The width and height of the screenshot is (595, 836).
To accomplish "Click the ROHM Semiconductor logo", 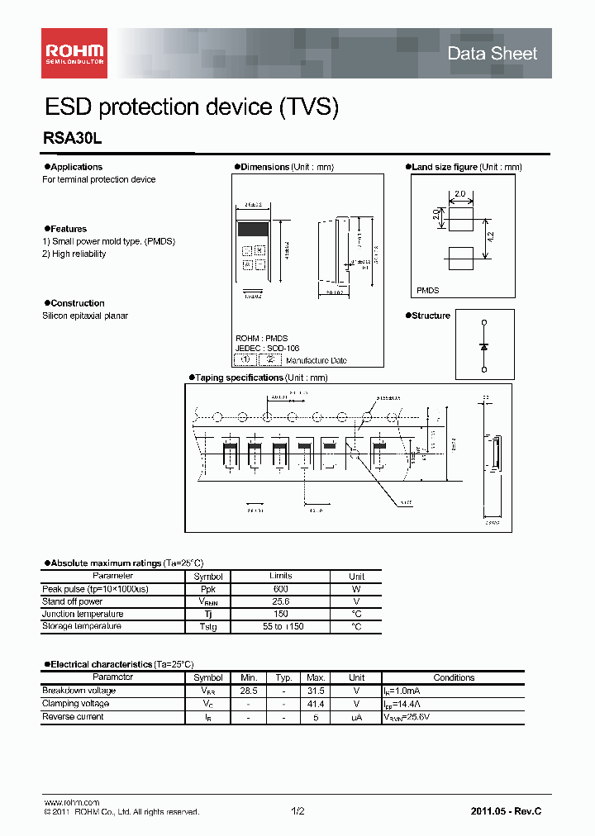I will pyautogui.click(x=74, y=54).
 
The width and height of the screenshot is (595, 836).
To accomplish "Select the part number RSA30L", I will pyautogui.click(x=72, y=140).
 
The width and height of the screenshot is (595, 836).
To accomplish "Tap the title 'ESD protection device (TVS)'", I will pyautogui.click(x=191, y=107).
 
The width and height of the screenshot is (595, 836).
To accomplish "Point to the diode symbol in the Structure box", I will pyautogui.click(x=483, y=346).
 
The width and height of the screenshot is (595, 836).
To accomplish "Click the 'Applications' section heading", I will pyautogui.click(x=76, y=167).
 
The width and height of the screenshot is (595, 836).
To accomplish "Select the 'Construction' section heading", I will pyautogui.click(x=77, y=303).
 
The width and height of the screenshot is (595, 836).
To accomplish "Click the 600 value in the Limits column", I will pyautogui.click(x=280, y=589).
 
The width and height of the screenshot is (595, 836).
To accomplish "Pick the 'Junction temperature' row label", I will pyautogui.click(x=83, y=614).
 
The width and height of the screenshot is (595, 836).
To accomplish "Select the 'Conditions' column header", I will pyautogui.click(x=454, y=677).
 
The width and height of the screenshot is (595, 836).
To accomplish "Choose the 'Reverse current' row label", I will pyautogui.click(x=73, y=717).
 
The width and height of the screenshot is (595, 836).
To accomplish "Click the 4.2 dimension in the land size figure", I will pyautogui.click(x=490, y=235).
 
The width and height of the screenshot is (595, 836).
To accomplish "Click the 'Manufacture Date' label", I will pyautogui.click(x=318, y=361).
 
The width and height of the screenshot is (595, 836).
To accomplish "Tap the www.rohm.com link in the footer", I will pyautogui.click(x=71, y=802).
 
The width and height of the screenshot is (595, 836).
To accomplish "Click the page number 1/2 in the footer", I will pyautogui.click(x=297, y=811).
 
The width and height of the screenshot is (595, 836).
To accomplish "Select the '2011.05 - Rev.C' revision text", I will pyautogui.click(x=506, y=811).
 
